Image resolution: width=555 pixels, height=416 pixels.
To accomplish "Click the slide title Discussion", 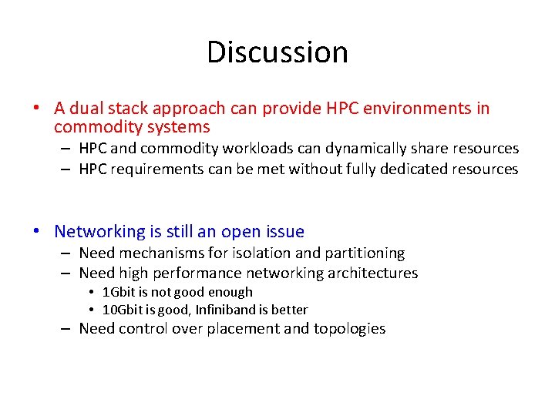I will click(277, 52).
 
